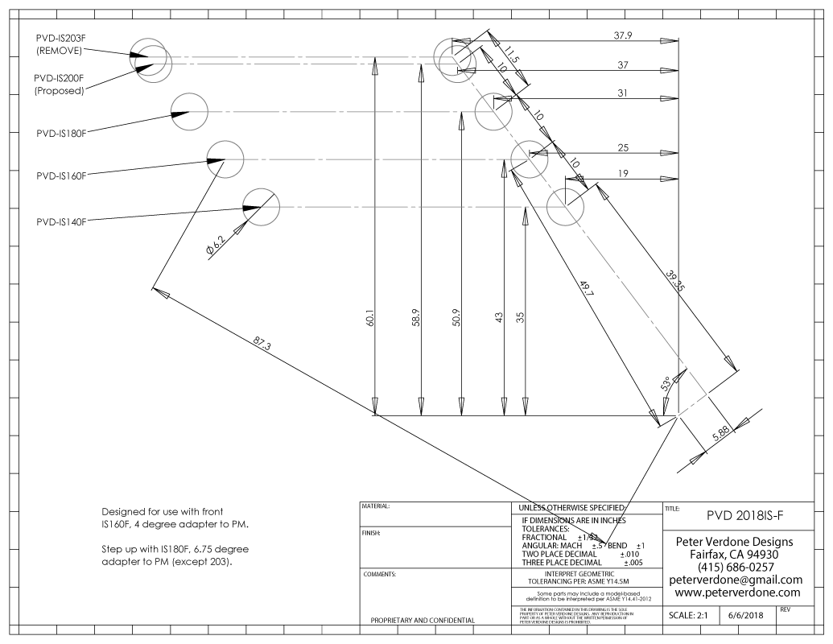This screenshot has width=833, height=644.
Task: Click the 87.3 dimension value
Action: point(262,345)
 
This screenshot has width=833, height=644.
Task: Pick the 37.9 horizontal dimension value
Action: point(622,35)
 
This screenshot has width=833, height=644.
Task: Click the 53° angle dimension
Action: point(666,384)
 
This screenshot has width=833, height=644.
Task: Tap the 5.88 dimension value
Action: point(721,432)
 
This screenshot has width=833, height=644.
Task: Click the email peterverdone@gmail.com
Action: point(736,580)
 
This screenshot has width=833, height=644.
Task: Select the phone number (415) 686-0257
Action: point(736,567)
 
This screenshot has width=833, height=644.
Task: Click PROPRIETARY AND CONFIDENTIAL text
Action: point(421,620)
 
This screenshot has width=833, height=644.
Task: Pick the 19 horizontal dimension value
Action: point(622,174)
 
